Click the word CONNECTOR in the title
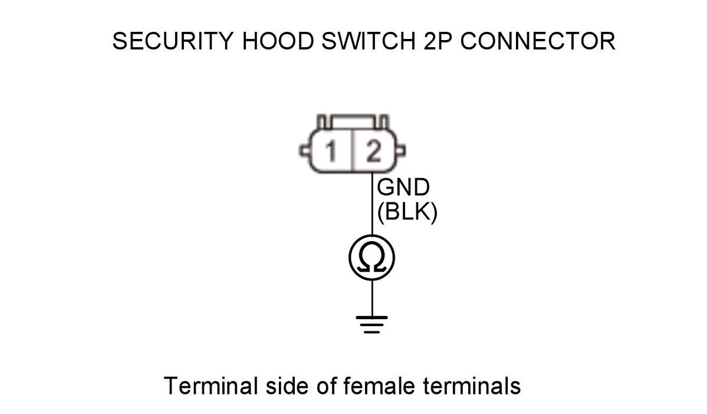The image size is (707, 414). tap(537, 42)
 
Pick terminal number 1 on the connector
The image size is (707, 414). tap(331, 153)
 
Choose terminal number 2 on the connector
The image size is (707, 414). tap(373, 153)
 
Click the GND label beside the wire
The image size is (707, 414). tap(403, 188)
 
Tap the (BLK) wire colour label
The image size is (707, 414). tap(407, 212)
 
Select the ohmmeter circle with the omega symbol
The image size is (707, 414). tap(371, 258)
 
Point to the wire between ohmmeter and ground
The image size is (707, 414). tap(372, 298)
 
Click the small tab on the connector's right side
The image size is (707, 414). tap(400, 152)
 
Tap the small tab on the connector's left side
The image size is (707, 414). tap(305, 152)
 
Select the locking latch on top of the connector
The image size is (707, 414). tap(353, 121)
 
